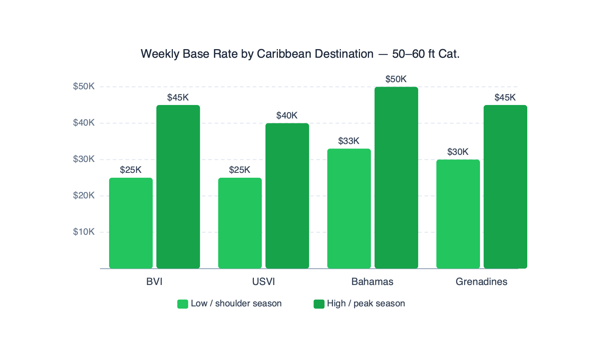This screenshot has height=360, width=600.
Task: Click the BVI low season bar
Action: point(131,223)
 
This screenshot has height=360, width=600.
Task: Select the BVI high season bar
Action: point(178,187)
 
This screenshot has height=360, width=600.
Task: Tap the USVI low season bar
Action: point(240,223)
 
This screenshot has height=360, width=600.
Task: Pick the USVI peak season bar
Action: point(287,196)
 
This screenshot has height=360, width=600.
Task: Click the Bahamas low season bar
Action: point(349,208)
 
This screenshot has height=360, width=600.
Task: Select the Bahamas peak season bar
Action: point(396,178)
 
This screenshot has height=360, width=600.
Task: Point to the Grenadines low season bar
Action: point(458,214)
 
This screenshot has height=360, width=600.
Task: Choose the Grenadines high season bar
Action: point(505,187)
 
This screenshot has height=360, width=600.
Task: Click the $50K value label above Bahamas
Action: point(396,79)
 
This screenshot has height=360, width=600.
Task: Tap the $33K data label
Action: point(349,141)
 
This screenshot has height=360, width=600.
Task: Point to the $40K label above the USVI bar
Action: point(287,115)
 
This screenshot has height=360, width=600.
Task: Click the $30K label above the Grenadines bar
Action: point(458,152)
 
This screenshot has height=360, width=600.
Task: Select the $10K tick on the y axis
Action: point(84,232)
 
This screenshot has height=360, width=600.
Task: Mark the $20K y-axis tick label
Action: point(84,195)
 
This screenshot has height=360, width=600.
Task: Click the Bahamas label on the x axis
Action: point(372,282)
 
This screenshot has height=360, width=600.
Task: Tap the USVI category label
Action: point(264,282)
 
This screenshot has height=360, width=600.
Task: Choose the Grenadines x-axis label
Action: point(481,282)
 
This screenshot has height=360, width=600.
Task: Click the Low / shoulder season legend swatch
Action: point(183,304)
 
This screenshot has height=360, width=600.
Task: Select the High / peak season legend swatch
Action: point(319,304)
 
